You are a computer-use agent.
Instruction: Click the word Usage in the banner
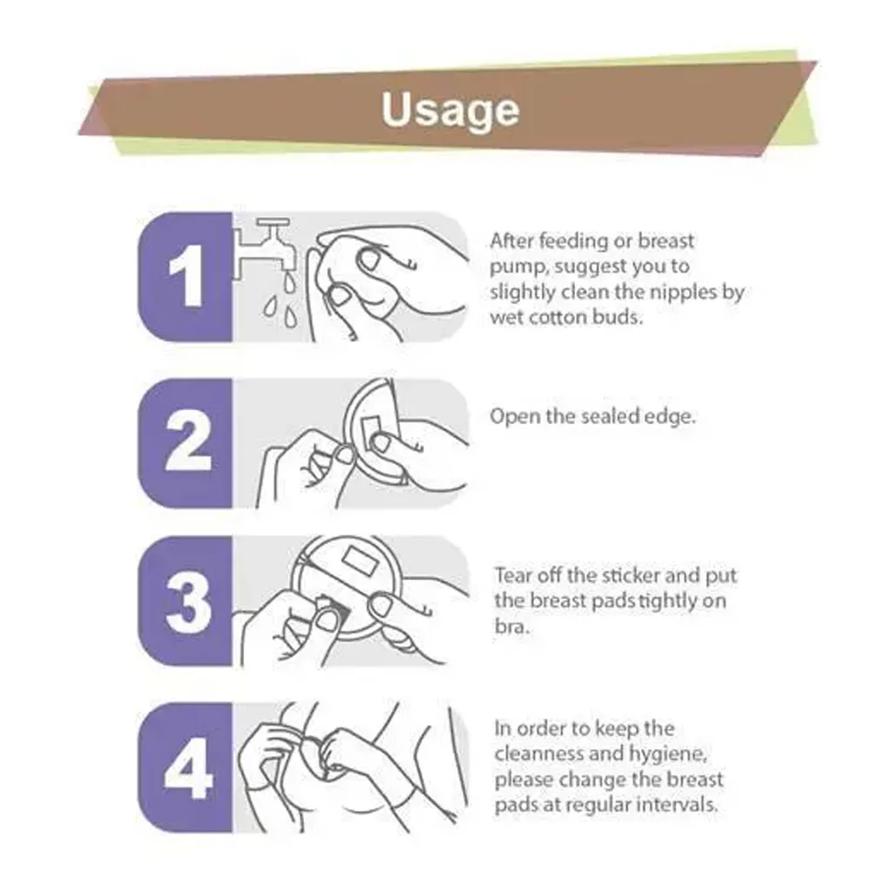pos(450,110)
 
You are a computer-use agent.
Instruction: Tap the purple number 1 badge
pos(186,277)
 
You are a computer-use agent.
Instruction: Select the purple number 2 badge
pos(186,443)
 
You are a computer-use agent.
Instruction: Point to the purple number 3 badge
pos(186,601)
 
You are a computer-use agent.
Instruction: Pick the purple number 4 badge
pos(186,768)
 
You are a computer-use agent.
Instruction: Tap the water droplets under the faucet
pos(281,301)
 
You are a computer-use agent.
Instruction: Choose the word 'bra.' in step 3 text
pos(511,626)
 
